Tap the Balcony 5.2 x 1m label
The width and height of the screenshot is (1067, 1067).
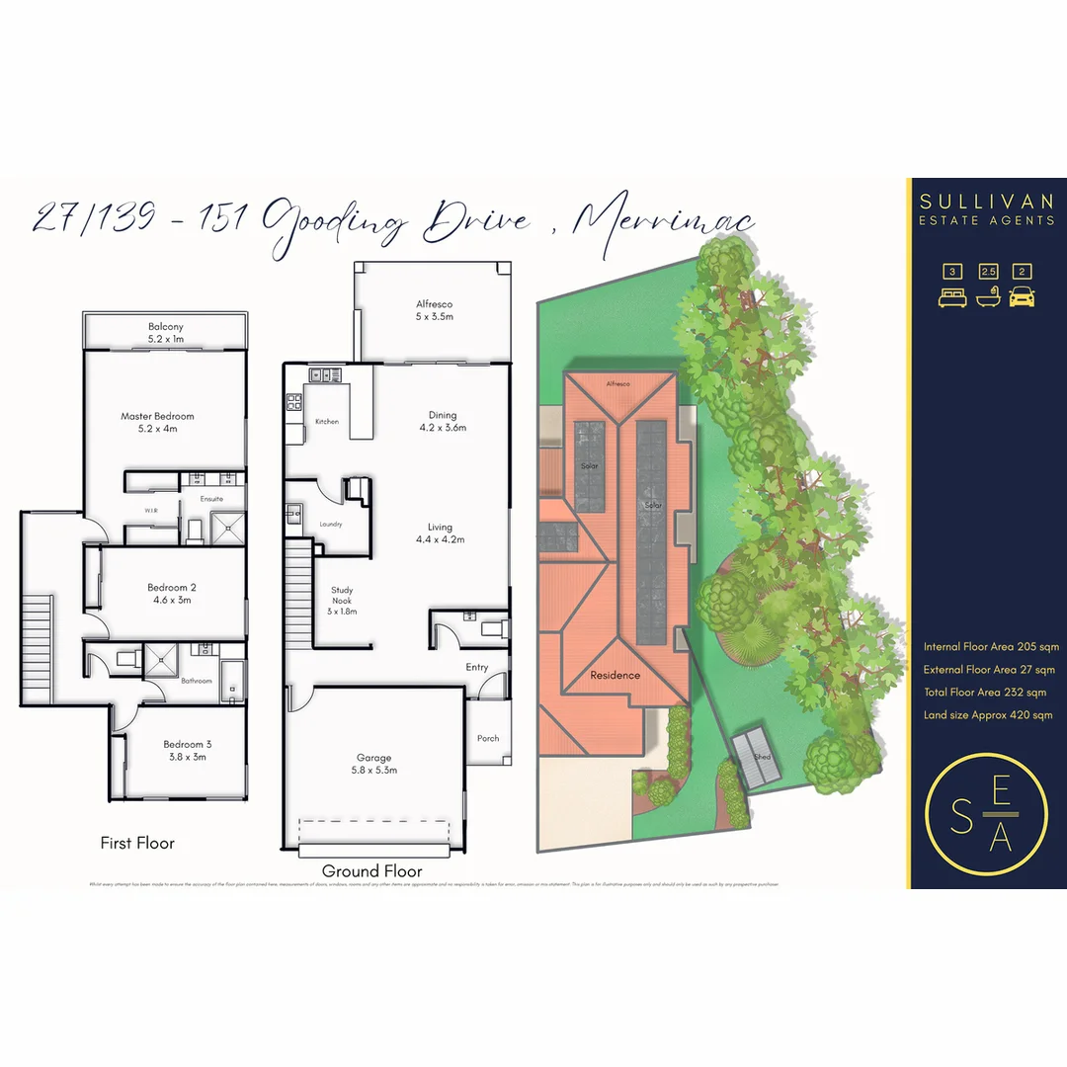[x=166, y=333]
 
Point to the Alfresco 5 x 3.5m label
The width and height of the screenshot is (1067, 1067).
[x=435, y=310]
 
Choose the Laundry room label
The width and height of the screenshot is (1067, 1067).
[x=330, y=524]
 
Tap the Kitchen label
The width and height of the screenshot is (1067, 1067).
[x=326, y=422]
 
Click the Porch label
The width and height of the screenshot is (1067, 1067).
[x=488, y=738]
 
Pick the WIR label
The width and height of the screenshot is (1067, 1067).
[x=151, y=511]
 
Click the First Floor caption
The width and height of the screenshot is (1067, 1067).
[x=137, y=843]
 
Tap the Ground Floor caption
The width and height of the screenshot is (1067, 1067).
[x=372, y=871]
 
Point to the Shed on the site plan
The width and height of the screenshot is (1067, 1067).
[x=761, y=758]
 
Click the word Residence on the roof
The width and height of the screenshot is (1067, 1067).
[x=616, y=676]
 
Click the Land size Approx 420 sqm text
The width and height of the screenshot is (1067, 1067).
[x=988, y=715]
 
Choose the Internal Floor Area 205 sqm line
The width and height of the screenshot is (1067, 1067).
[x=991, y=647]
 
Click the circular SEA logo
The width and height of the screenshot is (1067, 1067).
[x=986, y=814]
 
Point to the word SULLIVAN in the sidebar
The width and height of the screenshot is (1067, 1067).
[x=986, y=202]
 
